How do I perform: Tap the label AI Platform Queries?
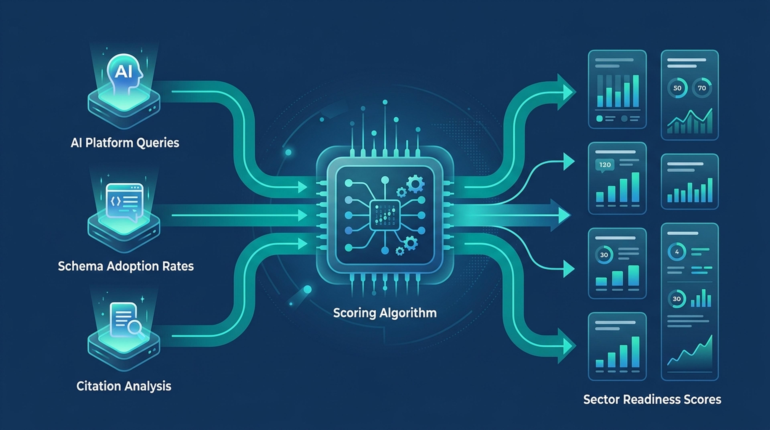click(x=125, y=143)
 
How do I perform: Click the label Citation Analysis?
click(x=124, y=386)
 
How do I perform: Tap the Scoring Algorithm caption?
click(x=385, y=313)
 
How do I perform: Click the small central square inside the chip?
click(x=385, y=215)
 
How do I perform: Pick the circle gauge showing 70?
click(x=702, y=88)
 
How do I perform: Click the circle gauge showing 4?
click(x=677, y=252)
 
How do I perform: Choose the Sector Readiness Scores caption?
click(x=652, y=400)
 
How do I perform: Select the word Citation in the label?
click(x=99, y=386)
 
